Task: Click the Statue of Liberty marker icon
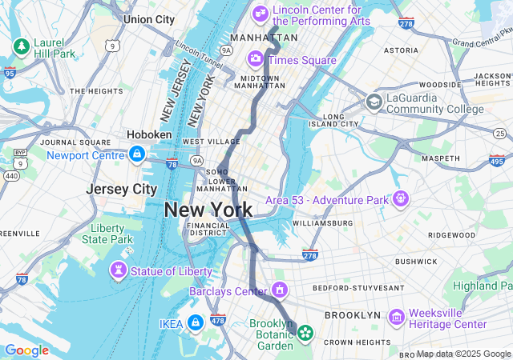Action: (x=119, y=271)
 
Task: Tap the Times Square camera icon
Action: (x=256, y=58)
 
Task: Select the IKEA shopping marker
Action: (x=196, y=322)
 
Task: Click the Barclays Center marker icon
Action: (x=280, y=289)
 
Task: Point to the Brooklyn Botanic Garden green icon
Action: (x=305, y=332)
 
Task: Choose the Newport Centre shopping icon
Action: (x=137, y=154)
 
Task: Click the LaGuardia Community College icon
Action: (x=374, y=102)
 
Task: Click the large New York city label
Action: (x=208, y=210)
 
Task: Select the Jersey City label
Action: (x=122, y=190)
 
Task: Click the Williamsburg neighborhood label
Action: (x=323, y=222)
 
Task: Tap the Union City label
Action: (x=149, y=19)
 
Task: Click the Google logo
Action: (x=26, y=350)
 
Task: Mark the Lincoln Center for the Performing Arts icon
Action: (x=260, y=12)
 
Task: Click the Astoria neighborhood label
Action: (x=401, y=50)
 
